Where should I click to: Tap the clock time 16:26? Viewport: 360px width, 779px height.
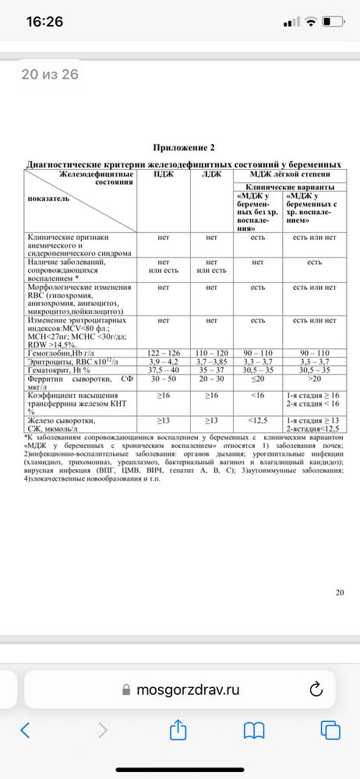[44, 22]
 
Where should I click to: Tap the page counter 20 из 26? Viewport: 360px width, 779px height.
[50, 75]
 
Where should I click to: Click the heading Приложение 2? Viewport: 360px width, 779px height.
[184, 147]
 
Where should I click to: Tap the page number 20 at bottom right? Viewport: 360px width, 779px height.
[339, 593]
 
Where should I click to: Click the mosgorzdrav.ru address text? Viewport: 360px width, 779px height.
[187, 689]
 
